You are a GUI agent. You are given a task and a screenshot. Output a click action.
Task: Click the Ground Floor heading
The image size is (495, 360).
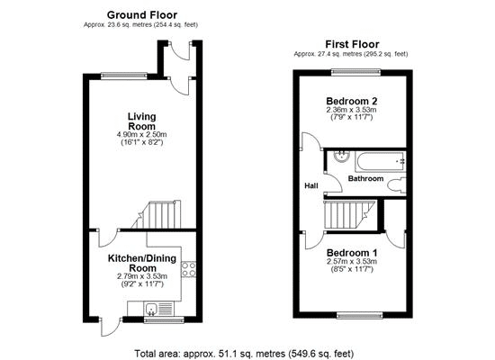coord(142,14)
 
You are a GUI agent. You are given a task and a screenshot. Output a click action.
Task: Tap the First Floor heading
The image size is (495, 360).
coord(352,44)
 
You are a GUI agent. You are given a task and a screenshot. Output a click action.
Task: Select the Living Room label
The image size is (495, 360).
coord(141,121)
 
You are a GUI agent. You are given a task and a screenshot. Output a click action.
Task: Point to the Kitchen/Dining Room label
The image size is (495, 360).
coord(142,263)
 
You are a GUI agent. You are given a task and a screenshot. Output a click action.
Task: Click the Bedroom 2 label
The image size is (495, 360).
coord(351,102)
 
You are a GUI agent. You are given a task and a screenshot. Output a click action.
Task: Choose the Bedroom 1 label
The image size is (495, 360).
coord(352,253)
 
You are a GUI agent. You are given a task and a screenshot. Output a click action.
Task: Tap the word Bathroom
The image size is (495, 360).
coord(365,179)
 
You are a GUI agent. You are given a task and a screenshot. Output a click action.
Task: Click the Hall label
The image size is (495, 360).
coord(311,186)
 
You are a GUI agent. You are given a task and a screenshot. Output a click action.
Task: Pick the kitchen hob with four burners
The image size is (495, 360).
coord(189,269)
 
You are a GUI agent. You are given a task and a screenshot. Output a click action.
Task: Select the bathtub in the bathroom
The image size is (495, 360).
coord(381,162)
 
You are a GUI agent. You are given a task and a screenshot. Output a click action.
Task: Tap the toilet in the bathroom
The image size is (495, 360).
coord(397,185)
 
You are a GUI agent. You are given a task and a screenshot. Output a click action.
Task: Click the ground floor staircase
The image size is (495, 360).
coord(157,214)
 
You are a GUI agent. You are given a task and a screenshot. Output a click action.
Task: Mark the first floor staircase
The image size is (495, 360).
coord(349,215)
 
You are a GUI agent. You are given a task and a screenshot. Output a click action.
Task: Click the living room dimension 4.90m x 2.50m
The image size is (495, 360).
coord(141,134)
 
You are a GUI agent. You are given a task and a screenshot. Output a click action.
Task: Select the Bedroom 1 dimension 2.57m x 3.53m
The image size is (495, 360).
coord(352,262)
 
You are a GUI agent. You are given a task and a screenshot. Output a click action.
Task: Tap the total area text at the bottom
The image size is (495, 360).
coord(244,354)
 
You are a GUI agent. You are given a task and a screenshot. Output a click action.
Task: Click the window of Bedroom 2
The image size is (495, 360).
coord(356,72)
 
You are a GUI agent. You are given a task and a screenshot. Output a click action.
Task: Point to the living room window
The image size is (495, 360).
coord(124,76)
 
